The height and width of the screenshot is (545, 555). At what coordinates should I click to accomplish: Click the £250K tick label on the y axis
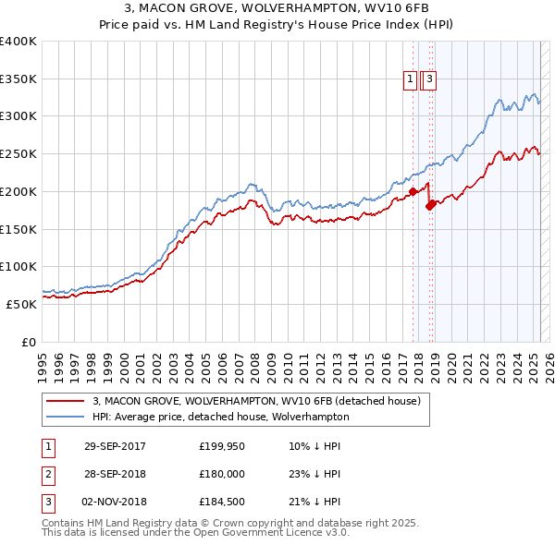(x=18, y=154)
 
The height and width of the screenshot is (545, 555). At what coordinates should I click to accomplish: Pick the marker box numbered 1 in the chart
(x=409, y=80)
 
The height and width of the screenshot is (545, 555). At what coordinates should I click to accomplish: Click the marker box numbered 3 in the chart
(x=431, y=80)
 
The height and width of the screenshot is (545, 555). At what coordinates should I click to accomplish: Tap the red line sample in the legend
(x=64, y=401)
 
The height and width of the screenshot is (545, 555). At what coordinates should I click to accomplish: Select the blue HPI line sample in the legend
(x=64, y=417)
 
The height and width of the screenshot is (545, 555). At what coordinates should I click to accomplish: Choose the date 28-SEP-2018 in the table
(x=115, y=474)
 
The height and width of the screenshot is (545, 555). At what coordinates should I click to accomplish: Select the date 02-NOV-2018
(x=115, y=502)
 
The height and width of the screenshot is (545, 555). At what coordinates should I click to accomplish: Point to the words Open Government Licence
(x=252, y=533)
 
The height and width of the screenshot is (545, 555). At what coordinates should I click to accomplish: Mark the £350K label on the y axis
(x=18, y=79)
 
